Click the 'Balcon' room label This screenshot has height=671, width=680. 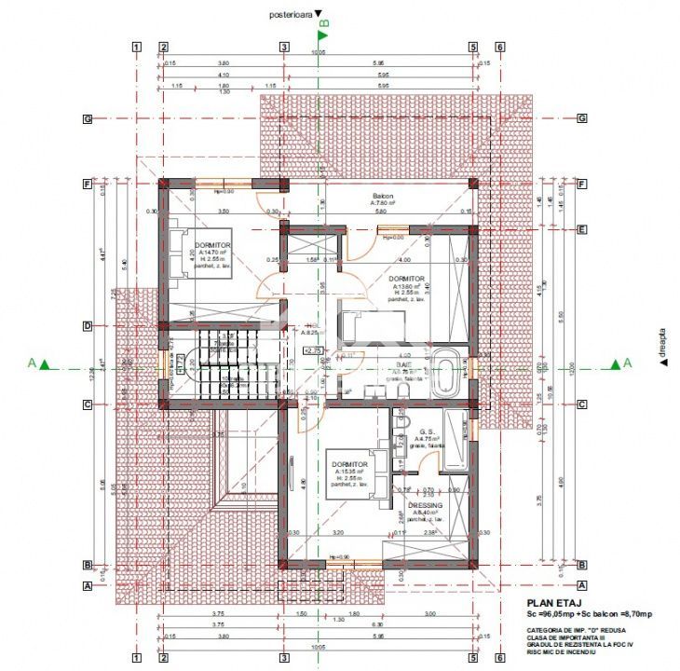[383, 194]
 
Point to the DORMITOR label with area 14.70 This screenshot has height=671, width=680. [213, 244]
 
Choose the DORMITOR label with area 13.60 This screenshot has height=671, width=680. [407, 279]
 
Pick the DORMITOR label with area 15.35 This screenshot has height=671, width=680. [348, 464]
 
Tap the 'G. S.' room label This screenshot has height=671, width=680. [428, 431]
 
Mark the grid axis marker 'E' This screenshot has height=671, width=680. [581, 229]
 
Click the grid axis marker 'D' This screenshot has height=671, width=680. [87, 326]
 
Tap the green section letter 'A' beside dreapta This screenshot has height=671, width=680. [627, 363]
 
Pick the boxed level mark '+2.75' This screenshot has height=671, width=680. [313, 350]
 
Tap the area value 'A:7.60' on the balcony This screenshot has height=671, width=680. [383, 202]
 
